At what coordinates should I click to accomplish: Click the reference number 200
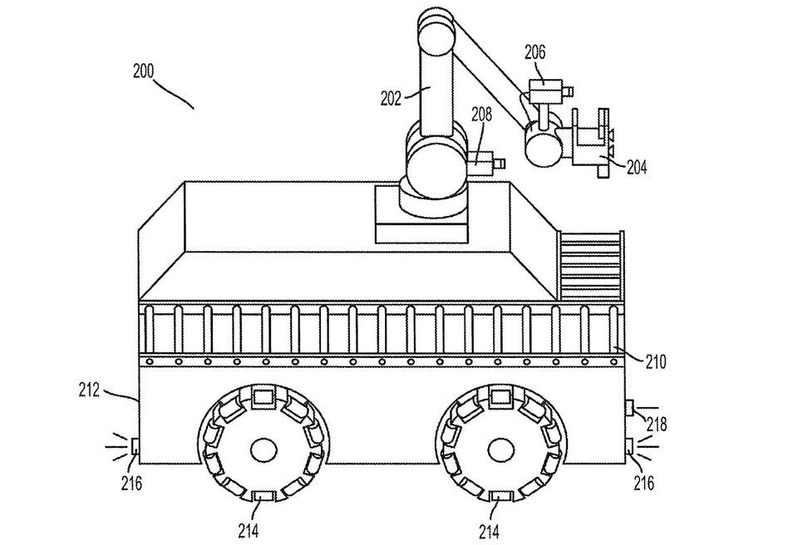pyautogui.click(x=143, y=71)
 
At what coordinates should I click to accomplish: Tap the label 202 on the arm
pyautogui.click(x=391, y=98)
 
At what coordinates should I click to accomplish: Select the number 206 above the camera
pyautogui.click(x=534, y=52)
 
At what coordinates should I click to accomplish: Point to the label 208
pyautogui.click(x=481, y=115)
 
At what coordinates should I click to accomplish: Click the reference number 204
pyautogui.click(x=636, y=167)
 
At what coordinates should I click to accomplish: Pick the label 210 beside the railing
pyautogui.click(x=656, y=362)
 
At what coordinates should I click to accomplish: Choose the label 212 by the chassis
pyautogui.click(x=90, y=390)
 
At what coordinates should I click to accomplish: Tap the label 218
pyautogui.click(x=656, y=424)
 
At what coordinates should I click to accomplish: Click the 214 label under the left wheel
pyautogui.click(x=249, y=531)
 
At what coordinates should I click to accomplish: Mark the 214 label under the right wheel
pyautogui.click(x=489, y=531)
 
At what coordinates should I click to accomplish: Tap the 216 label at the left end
pyautogui.click(x=131, y=483)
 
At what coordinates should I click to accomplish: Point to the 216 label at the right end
pyautogui.click(x=643, y=483)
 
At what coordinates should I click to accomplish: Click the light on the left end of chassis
pyautogui.click(x=135, y=446)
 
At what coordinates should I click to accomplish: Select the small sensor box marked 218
pyautogui.click(x=629, y=408)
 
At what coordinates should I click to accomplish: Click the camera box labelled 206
pyautogui.click(x=545, y=91)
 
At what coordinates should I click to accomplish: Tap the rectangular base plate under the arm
pyautogui.click(x=421, y=214)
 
